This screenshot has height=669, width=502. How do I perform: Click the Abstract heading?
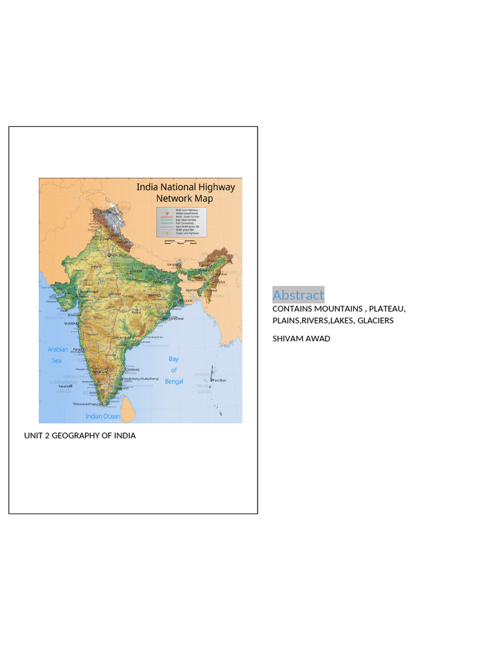pos(298,295)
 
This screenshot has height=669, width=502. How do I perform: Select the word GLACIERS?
pos(375,321)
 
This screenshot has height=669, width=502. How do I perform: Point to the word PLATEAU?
pos(386,308)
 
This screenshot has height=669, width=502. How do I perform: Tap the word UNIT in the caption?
pos(33,436)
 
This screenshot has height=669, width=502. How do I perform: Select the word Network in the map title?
pos(173,199)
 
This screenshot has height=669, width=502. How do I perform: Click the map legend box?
pos(181,222)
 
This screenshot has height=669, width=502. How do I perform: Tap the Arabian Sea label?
pos(58,355)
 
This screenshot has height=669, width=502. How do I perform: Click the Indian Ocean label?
pos(103,416)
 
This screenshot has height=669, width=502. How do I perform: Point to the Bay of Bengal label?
pos(174,370)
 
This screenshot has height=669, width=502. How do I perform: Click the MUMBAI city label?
pos(71,323)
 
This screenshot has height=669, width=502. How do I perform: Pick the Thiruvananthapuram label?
pos(89,404)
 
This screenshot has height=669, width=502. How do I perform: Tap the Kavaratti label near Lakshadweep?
pos(64,386)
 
